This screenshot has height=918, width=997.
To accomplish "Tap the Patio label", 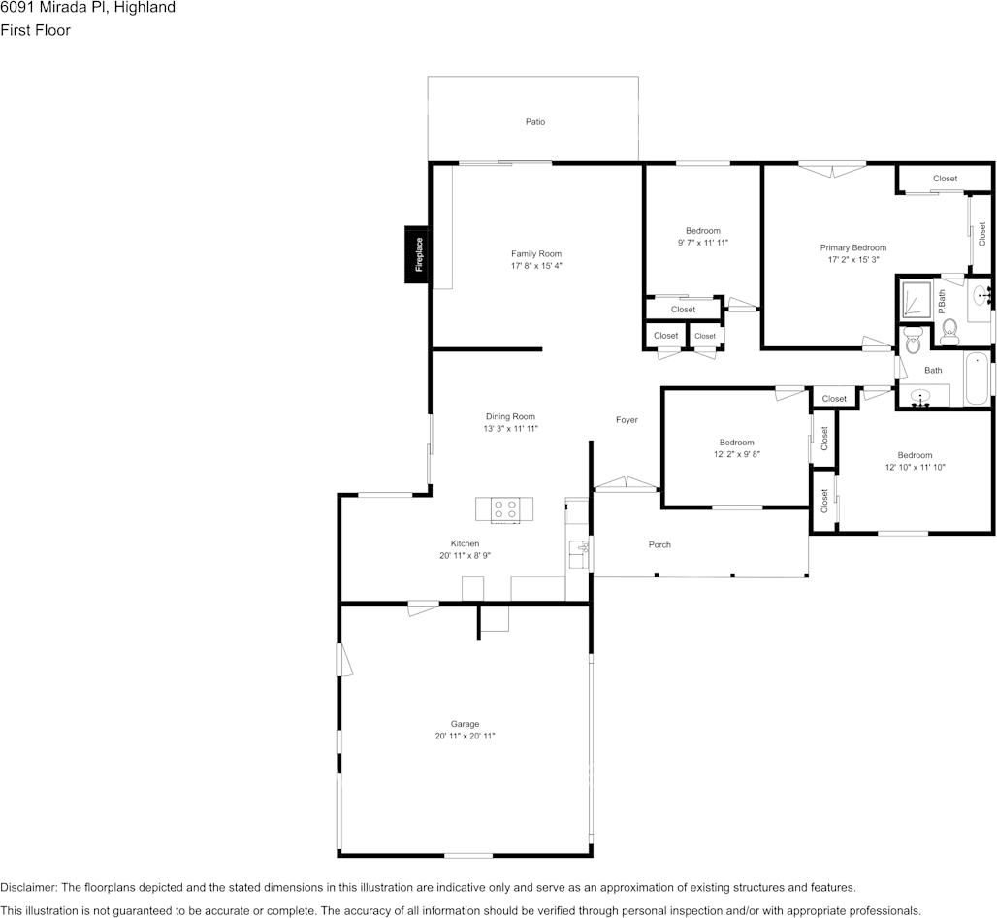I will [x=535, y=122].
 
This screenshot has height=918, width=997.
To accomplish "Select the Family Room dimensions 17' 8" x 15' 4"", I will [x=536, y=266].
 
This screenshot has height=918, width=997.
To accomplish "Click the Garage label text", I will [x=465, y=724].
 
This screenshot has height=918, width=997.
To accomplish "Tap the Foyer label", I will [x=627, y=420].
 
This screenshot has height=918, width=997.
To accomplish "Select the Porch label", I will [x=659, y=545].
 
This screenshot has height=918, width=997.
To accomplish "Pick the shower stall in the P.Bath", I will [x=915, y=299].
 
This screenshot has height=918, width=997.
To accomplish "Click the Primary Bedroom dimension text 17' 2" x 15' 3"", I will [x=853, y=260].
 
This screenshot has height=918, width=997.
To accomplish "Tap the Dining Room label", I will [x=510, y=417].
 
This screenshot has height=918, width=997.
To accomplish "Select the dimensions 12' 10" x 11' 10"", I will [x=915, y=468].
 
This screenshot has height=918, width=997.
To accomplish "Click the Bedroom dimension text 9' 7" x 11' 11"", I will [x=702, y=243].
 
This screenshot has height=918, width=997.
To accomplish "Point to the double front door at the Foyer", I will [x=626, y=483].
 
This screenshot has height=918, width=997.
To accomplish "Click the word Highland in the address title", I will [x=145, y=8].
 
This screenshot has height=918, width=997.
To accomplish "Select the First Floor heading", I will [x=35, y=30].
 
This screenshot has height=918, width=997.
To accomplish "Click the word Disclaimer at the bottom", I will [x=28, y=887].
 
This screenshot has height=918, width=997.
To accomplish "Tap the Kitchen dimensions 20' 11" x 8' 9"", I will [x=465, y=556].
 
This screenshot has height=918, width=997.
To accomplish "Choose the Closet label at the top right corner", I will [x=945, y=179].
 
